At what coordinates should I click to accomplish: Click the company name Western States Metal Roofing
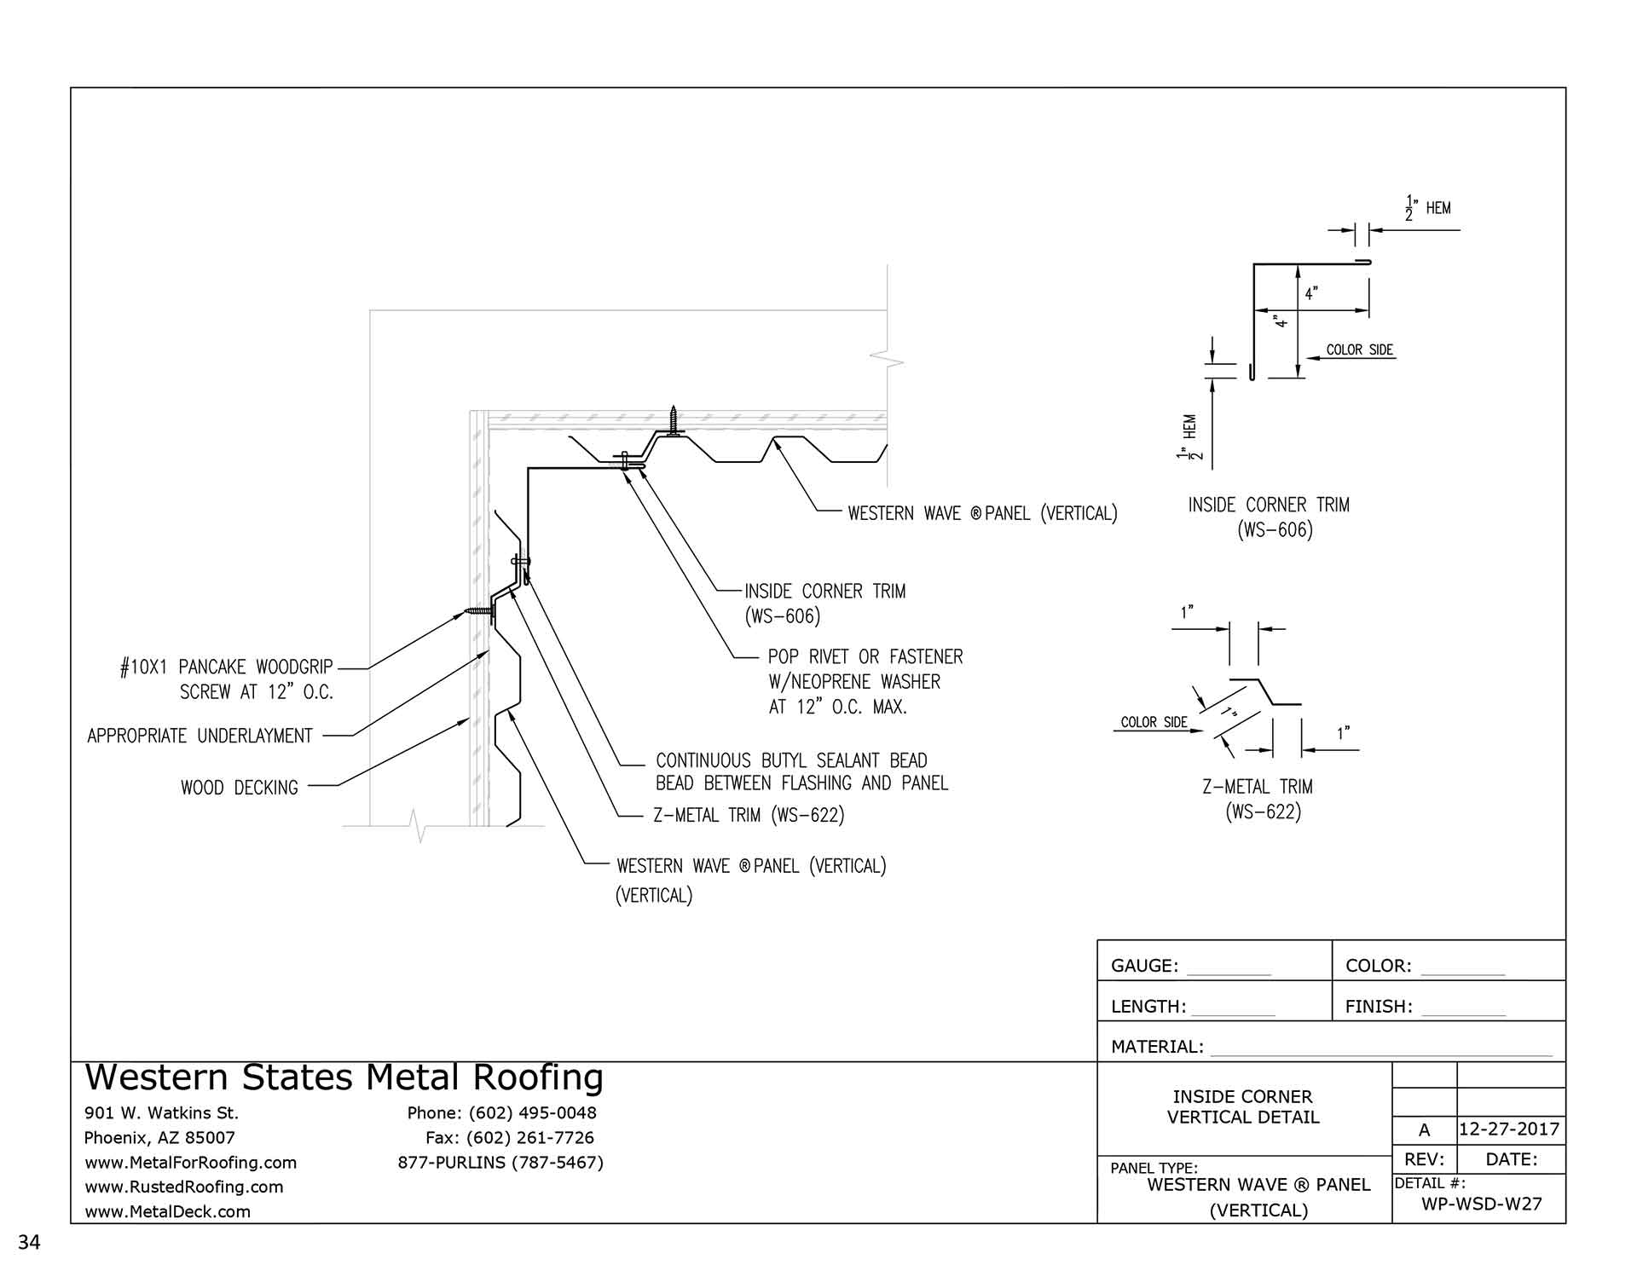pos(344,1077)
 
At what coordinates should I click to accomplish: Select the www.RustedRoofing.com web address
pos(183,1187)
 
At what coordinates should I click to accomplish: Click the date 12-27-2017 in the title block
pos(1509,1129)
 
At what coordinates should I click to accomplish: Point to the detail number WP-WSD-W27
pos(1482,1204)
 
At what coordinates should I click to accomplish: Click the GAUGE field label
pos(1144,966)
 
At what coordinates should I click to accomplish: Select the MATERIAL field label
pos(1157,1047)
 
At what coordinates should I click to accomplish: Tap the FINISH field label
pos(1379,1007)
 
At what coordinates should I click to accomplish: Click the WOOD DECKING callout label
pos(240,788)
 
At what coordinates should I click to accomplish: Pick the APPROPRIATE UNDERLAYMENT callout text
pos(200,736)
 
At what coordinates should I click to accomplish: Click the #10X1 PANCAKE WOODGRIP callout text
pos(227,667)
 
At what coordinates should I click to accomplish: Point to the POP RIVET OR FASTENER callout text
pos(865,657)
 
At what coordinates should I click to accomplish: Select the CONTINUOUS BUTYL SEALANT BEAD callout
pos(791,760)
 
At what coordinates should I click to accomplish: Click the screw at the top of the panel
pos(674,421)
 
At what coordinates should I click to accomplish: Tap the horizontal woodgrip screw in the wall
pos(480,612)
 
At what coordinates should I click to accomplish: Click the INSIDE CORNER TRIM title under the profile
pos(1269,505)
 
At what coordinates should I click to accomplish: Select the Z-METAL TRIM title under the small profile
pos(1258,787)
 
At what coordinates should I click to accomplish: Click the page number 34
pos(29,1242)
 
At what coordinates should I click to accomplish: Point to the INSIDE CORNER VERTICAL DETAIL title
pos(1242,1106)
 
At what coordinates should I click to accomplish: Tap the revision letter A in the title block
pos(1424,1130)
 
